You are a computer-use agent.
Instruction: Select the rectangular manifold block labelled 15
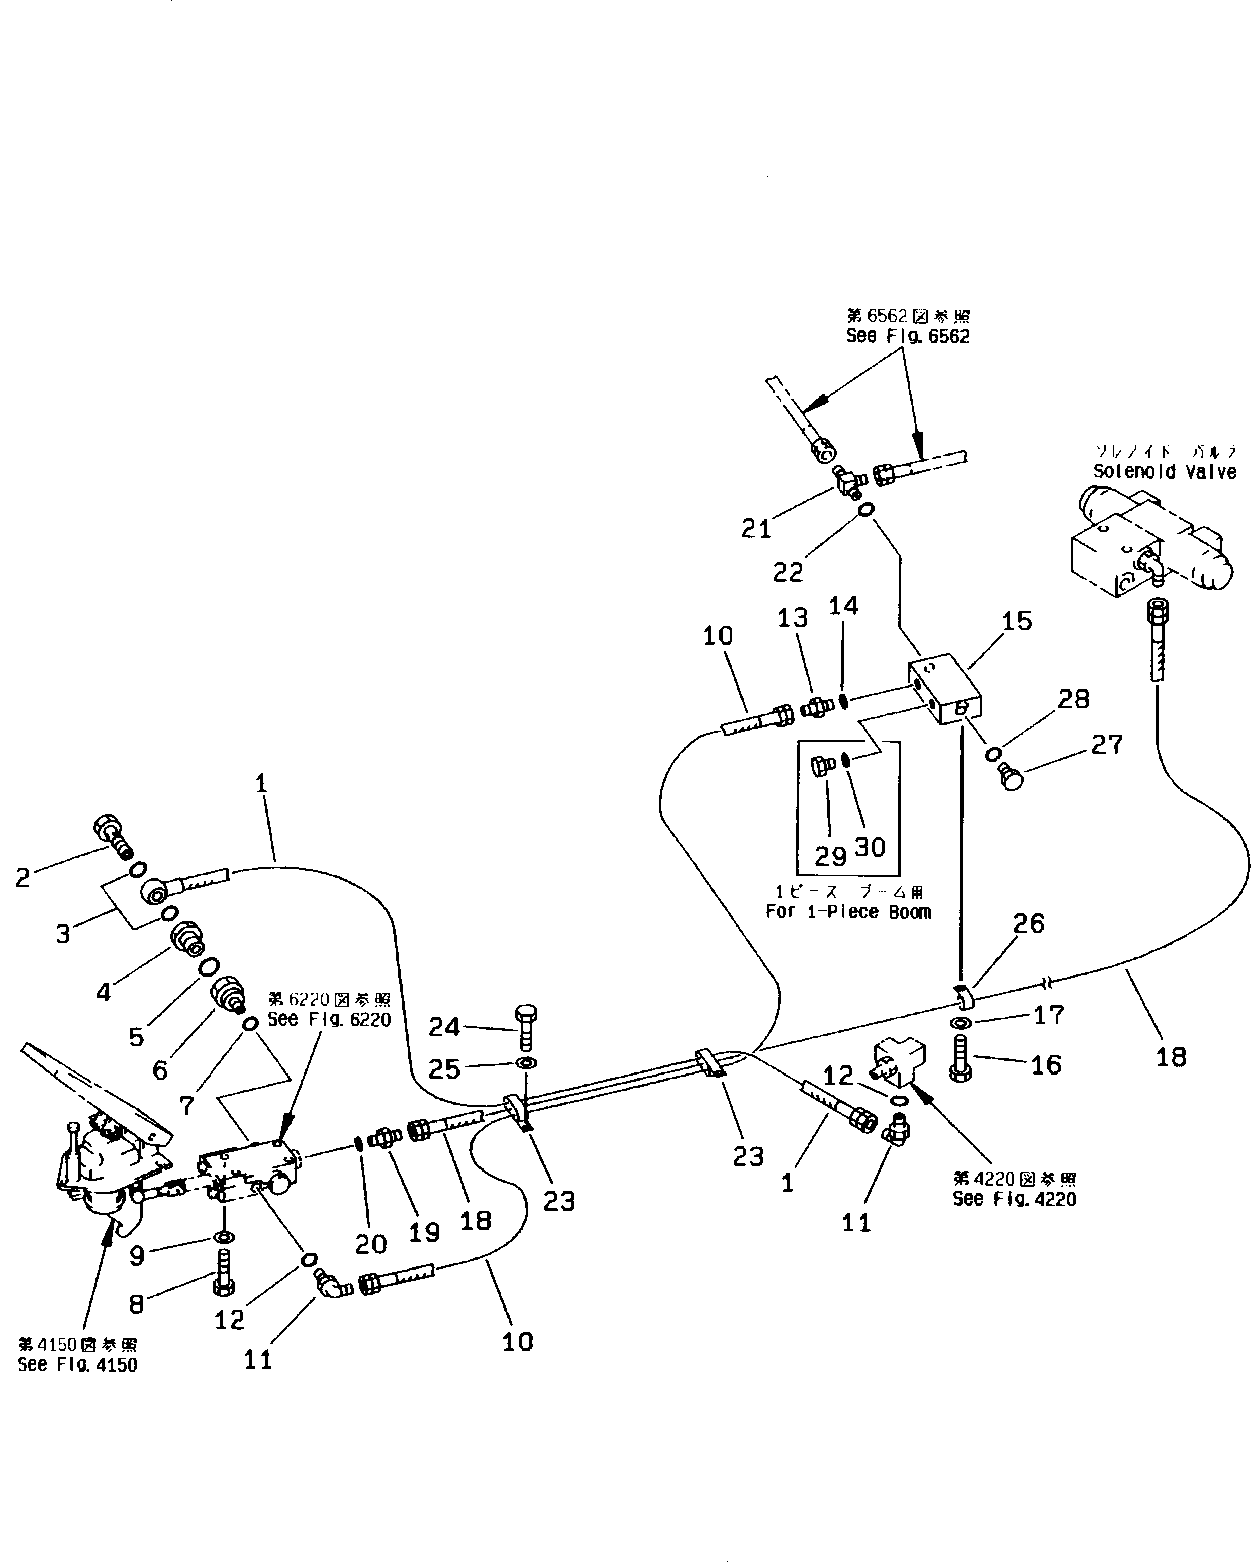pyautogui.click(x=945, y=688)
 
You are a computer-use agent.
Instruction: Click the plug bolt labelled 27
pyautogui.click(x=1011, y=778)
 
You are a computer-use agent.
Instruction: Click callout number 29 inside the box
pyautogui.click(x=830, y=857)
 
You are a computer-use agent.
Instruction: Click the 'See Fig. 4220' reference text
pyautogui.click(x=1014, y=1199)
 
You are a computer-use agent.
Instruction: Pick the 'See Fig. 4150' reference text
pyautogui.click(x=77, y=1365)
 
